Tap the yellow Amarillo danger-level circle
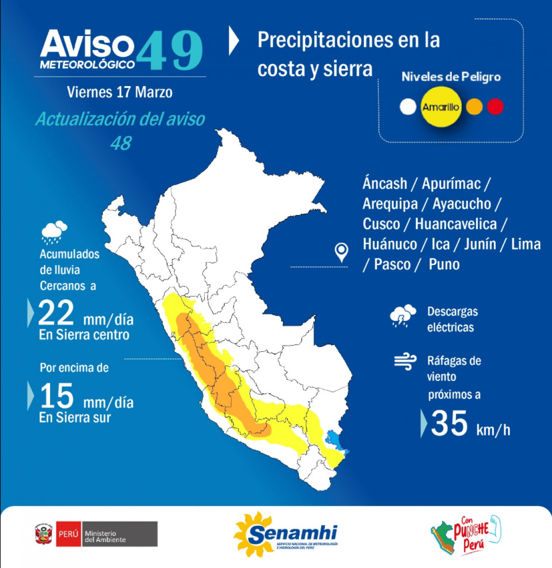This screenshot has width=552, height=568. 441,107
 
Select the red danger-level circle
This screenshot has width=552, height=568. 495,107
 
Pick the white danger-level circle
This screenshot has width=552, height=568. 408,107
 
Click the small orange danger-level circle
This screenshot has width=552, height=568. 474,107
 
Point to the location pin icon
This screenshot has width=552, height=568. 342,252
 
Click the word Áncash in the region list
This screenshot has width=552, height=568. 385,184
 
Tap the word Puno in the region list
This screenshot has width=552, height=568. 444,264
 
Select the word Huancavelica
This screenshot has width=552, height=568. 456,224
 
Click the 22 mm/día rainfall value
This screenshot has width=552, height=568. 56,313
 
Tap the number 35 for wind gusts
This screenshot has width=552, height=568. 449,423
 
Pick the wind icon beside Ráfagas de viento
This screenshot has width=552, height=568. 405,363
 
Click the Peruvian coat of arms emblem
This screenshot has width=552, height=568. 44,534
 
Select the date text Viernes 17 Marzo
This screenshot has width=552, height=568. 120,92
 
